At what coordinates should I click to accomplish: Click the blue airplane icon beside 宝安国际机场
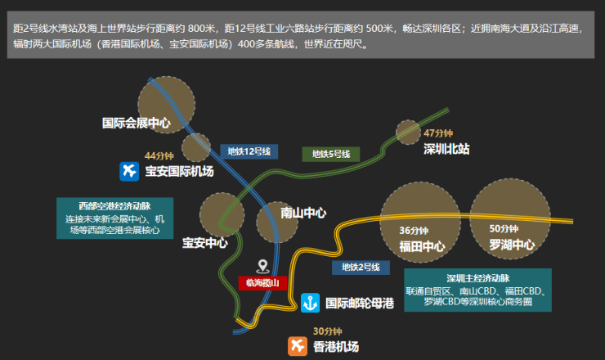[129, 172]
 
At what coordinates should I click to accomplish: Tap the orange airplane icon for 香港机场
[298, 346]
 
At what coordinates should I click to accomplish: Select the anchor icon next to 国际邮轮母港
[310, 303]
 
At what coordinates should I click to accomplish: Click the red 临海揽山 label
[262, 283]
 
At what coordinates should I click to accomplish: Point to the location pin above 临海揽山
[262, 267]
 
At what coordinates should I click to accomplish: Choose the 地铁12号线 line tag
[249, 151]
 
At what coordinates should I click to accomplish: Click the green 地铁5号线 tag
[331, 154]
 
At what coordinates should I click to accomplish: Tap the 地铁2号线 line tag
[361, 268]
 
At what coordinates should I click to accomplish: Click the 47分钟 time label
[438, 133]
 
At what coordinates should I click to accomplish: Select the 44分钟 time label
[159, 155]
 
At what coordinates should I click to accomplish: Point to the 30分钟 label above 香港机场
[328, 331]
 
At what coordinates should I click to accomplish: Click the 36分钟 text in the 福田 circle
[414, 231]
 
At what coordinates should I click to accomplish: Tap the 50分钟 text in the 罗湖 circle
[504, 228]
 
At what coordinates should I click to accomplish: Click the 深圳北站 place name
[446, 149]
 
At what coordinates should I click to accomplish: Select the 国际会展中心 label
[137, 124]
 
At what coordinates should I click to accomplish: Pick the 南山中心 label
[303, 213]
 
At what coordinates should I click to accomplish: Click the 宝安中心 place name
[205, 243]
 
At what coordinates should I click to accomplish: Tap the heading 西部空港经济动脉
[114, 206]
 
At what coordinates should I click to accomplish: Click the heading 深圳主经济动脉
[478, 278]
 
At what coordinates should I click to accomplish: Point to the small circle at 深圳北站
[408, 133]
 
